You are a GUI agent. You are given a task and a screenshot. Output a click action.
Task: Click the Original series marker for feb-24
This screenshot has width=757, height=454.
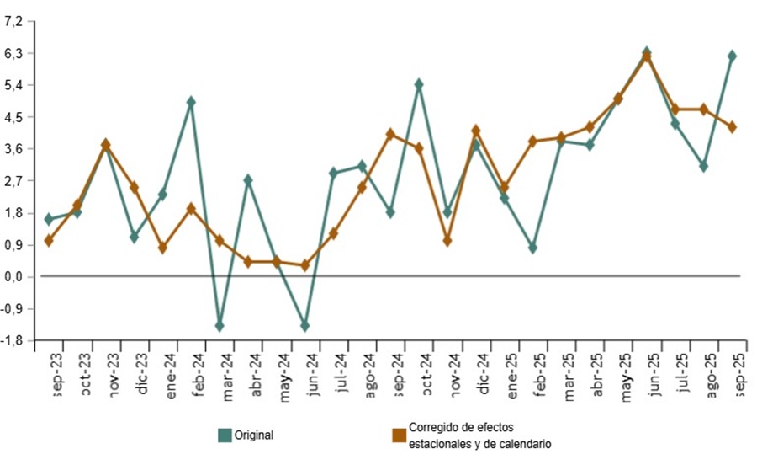[191, 102]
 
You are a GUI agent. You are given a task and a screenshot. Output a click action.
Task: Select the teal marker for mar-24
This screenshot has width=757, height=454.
[220, 326]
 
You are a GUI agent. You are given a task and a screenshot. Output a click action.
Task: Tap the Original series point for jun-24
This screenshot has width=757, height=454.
[304, 326]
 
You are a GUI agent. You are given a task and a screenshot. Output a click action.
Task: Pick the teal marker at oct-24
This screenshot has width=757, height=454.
[419, 84]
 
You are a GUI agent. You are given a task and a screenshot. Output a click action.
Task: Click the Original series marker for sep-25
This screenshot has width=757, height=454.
[732, 56]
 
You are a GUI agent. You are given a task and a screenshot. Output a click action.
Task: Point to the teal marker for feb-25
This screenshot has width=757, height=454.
[532, 248]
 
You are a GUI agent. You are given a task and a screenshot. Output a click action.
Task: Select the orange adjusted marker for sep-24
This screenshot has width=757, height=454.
[390, 134]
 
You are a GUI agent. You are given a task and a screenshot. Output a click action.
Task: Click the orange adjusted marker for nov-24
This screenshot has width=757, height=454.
[447, 241]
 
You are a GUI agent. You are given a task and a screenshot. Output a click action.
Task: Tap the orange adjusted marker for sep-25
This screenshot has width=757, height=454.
[732, 127]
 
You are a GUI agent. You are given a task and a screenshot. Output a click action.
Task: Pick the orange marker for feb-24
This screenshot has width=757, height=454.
[191, 208]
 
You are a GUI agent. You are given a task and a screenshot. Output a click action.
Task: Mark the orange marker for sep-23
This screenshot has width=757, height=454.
[49, 240]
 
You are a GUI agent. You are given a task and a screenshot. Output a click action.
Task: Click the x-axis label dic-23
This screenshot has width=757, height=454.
[143, 372]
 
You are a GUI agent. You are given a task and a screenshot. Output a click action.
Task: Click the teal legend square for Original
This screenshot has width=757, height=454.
[225, 435]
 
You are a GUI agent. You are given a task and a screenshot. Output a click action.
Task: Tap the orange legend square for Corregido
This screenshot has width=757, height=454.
[400, 435]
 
